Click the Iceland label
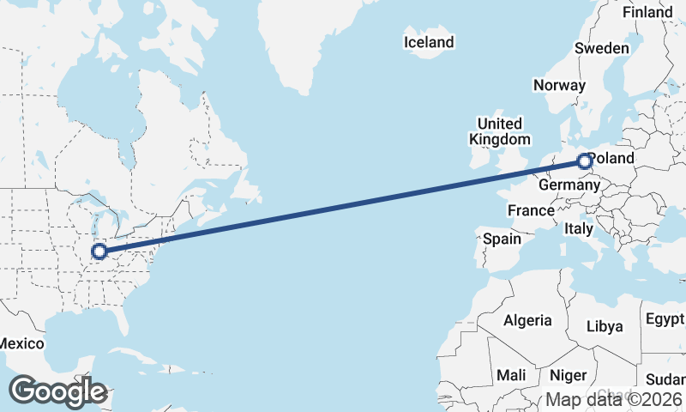429,42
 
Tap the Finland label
647,13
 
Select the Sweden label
601,49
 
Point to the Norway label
559,85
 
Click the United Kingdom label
499,131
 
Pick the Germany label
568,185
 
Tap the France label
531,210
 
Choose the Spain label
502,239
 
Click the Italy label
579,229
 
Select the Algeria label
527,320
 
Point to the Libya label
605,326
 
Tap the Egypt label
665,319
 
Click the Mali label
511,375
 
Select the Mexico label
21,343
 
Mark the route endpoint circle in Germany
584,161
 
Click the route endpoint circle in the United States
99,251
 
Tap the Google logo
58,391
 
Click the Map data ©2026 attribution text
614,399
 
